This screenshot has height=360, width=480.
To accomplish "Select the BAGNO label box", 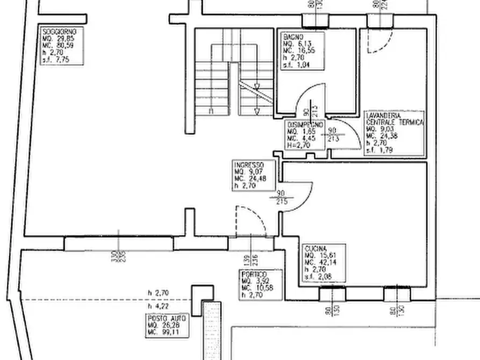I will [303, 51].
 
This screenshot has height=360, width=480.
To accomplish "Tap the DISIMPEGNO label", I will [304, 135].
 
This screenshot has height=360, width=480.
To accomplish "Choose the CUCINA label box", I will [324, 263].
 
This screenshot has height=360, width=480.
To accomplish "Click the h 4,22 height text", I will [159, 306].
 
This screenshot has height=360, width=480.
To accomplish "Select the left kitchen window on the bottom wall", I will [332, 294].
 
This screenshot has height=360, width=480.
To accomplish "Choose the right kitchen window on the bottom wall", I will [397, 294].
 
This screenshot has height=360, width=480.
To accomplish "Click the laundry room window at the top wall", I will [381, 21].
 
